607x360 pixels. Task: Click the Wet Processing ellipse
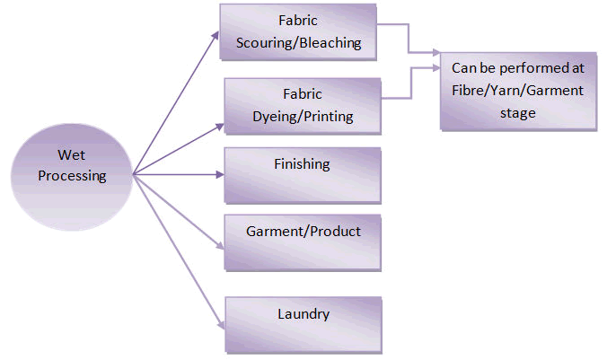click(71, 167)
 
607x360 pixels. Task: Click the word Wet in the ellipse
click(72, 155)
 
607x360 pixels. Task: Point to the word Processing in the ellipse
click(72, 176)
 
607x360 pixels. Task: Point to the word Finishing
click(302, 164)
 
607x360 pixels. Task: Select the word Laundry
click(303, 314)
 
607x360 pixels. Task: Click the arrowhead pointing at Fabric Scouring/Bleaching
click(215, 34)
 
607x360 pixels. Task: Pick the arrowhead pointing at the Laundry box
click(218, 324)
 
